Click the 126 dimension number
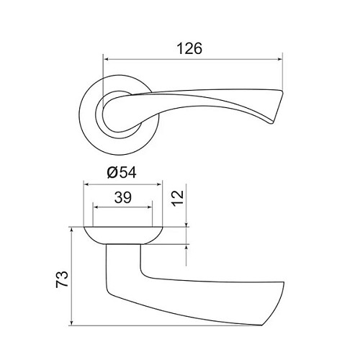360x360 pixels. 189,48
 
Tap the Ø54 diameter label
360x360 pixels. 122,172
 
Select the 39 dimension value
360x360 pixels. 123,197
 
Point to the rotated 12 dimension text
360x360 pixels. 178,197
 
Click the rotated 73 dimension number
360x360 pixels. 62,279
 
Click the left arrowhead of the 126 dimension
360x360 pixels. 106,59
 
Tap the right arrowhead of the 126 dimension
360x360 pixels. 279,59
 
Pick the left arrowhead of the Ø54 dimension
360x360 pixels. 86,184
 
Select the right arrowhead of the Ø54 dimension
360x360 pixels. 159,184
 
